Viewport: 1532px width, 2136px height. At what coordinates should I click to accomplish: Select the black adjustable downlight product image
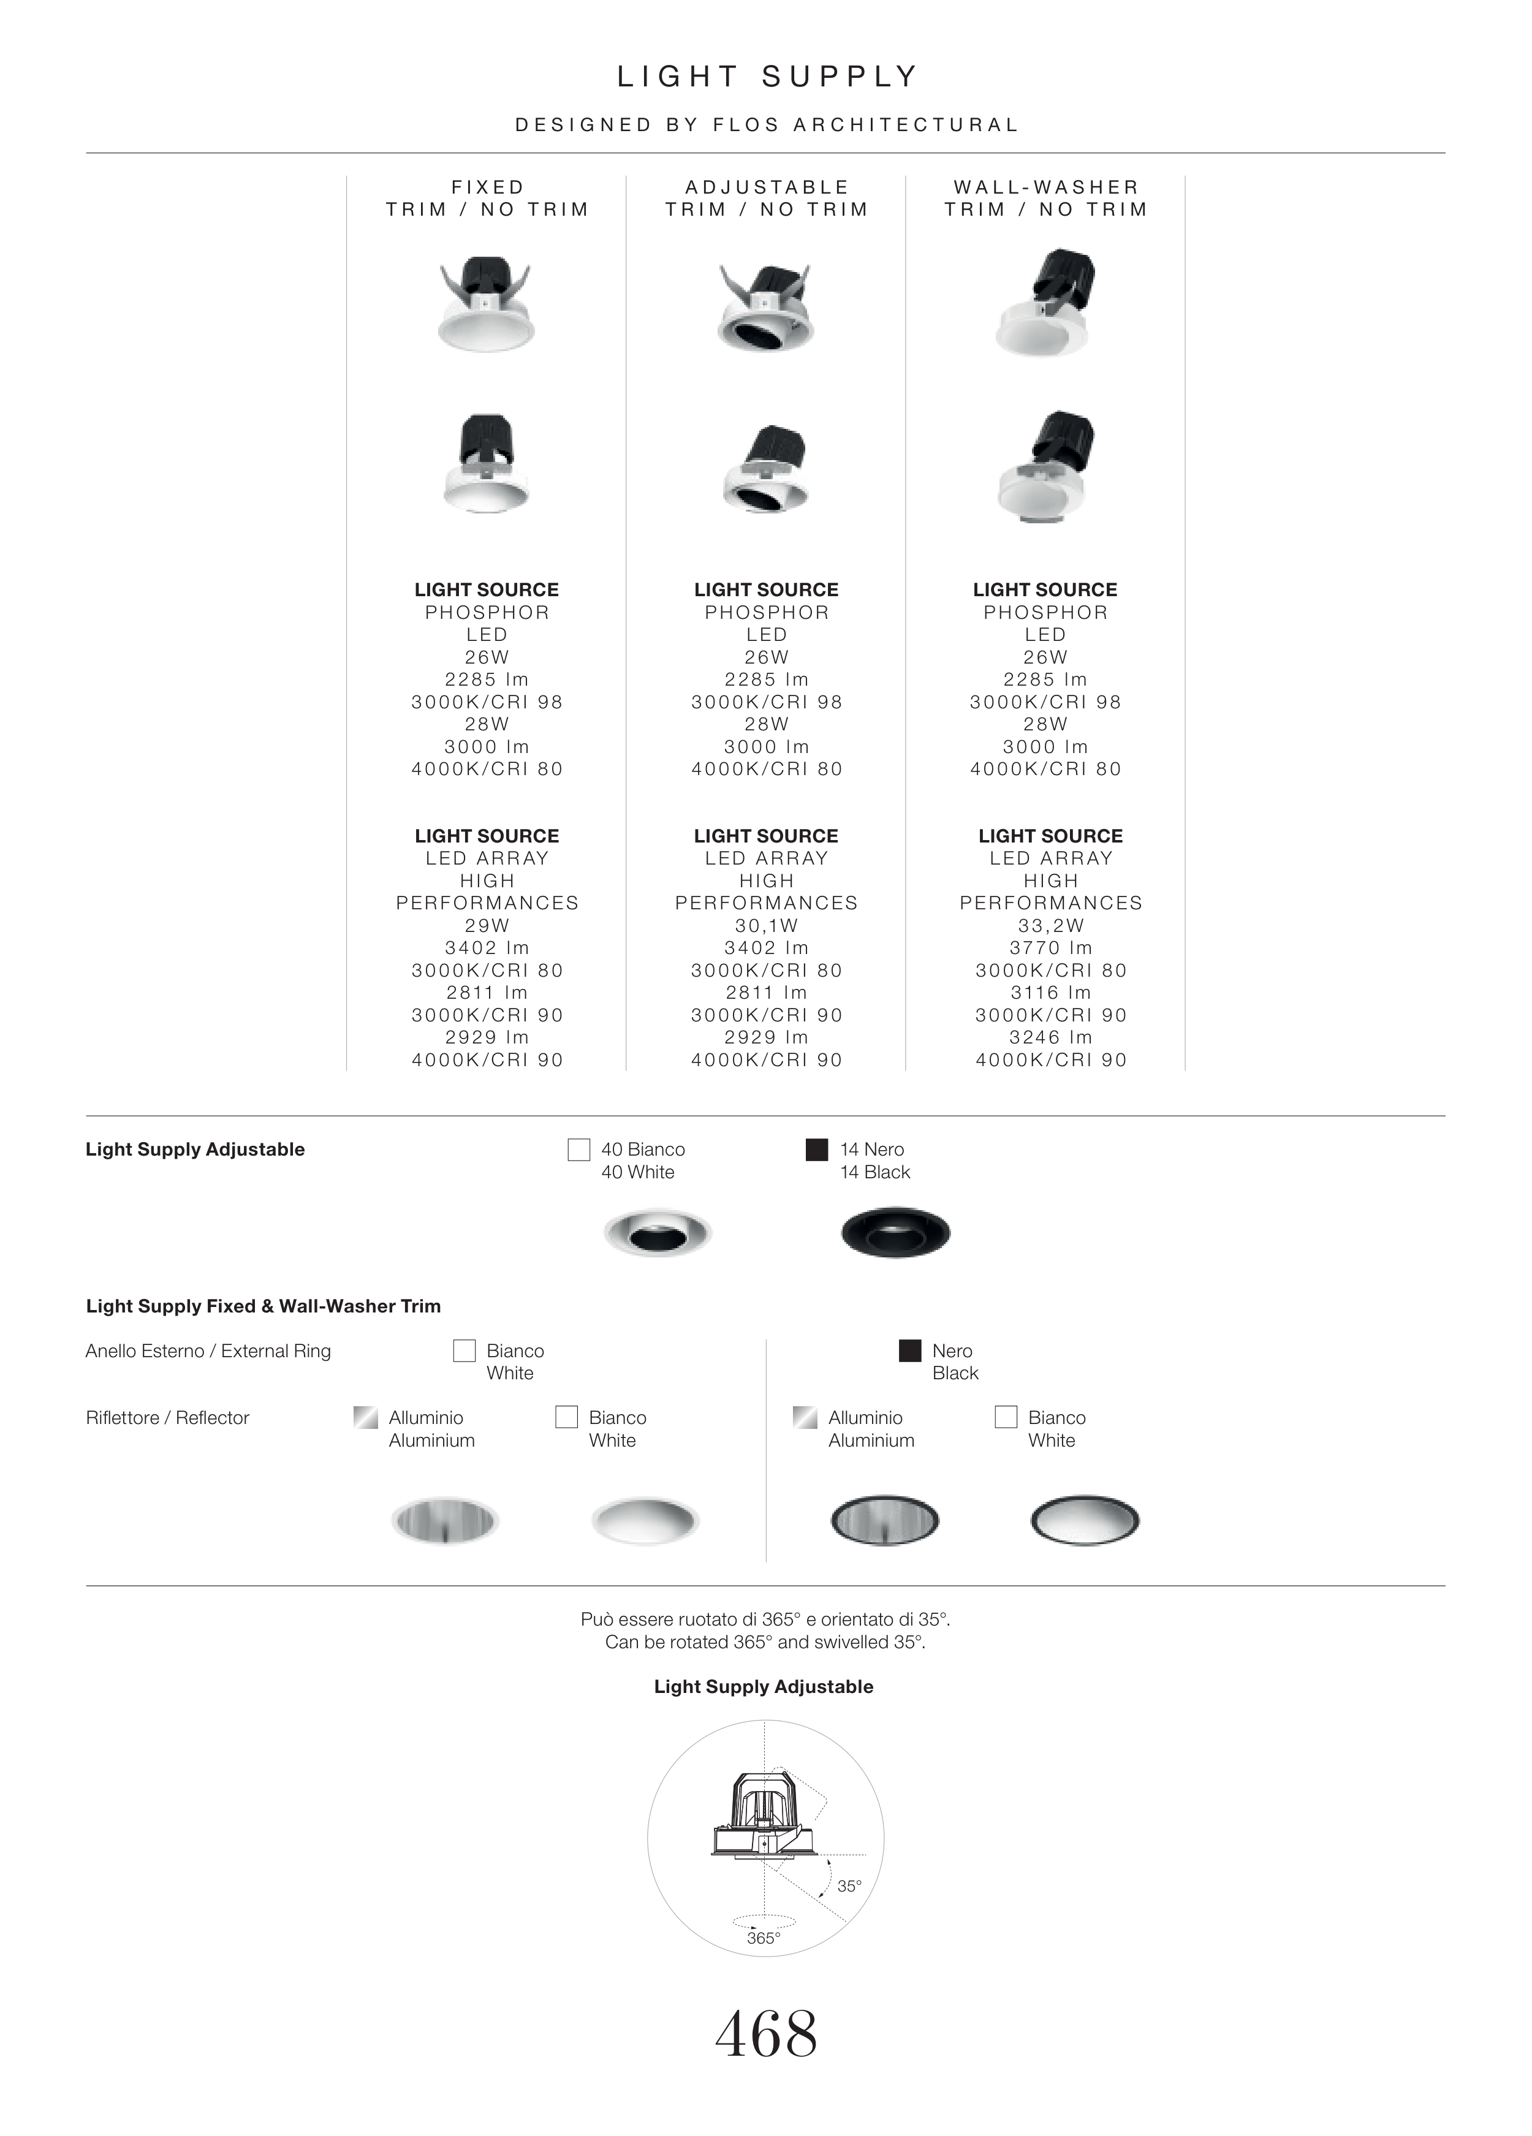coord(895,1232)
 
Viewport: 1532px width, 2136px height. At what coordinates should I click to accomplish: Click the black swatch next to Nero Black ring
coord(909,1350)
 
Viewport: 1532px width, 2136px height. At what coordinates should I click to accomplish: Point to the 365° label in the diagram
coord(764,1938)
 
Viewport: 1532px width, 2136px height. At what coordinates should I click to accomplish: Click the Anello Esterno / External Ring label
coord(208,1350)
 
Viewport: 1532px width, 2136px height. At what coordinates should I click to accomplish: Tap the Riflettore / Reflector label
coord(168,1417)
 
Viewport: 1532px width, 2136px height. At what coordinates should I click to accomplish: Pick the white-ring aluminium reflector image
coord(444,1520)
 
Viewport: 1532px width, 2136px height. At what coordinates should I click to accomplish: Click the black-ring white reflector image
coord(1085,1520)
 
